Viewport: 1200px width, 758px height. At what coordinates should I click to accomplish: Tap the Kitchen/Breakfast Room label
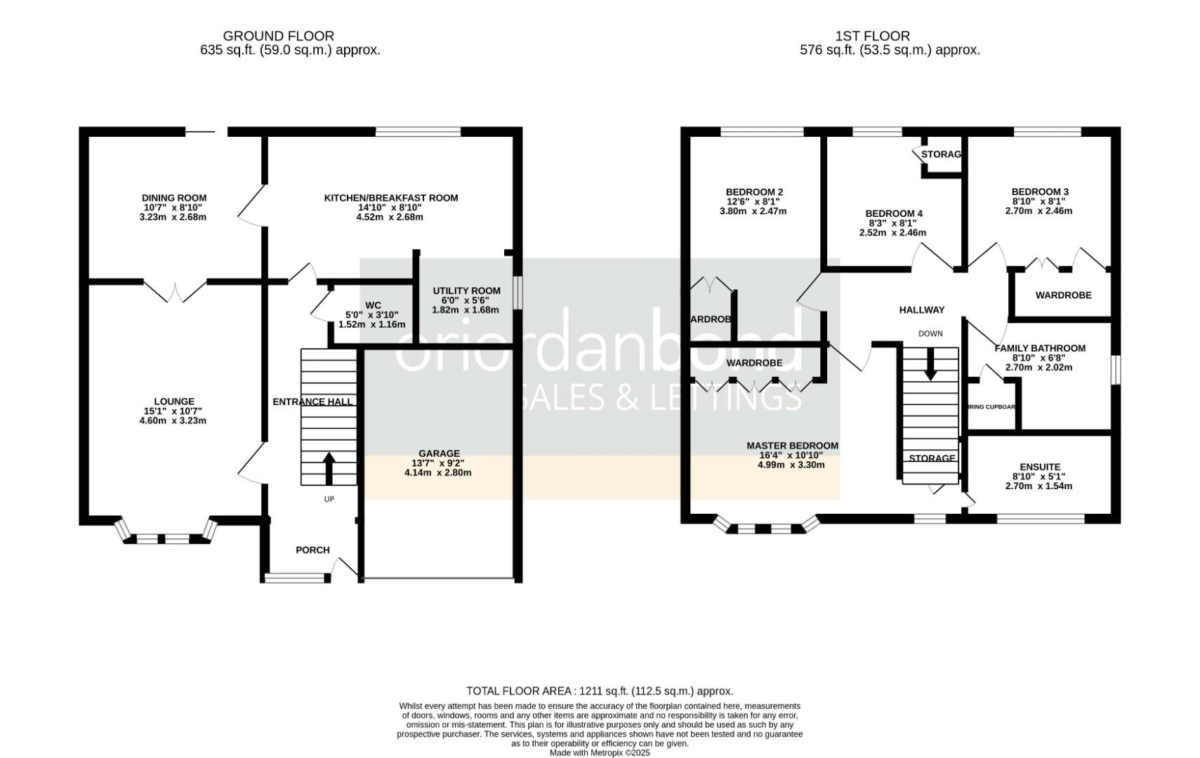(x=390, y=198)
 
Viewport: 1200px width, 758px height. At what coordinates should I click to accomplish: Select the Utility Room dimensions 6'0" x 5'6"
(x=466, y=300)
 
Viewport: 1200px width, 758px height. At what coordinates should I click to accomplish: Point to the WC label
(x=373, y=305)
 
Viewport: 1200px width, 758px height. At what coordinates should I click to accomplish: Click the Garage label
(x=439, y=453)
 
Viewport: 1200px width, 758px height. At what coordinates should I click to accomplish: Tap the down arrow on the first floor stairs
(x=930, y=366)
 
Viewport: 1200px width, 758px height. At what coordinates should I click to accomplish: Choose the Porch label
(x=312, y=550)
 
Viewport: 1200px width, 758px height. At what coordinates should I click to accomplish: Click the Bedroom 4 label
(x=893, y=213)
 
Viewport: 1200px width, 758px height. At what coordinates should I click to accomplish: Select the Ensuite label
(x=1039, y=467)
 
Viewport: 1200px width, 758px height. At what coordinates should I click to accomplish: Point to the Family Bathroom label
(x=1039, y=348)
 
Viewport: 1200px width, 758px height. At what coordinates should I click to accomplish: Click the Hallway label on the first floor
(x=922, y=310)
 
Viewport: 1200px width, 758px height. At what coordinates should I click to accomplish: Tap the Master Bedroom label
(x=792, y=446)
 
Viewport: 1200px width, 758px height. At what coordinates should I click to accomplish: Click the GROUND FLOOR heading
(x=278, y=36)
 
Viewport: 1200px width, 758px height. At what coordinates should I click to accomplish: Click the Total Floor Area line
(x=599, y=691)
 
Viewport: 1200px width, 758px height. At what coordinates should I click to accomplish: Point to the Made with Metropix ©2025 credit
(x=600, y=752)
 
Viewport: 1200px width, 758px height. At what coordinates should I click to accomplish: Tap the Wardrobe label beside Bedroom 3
(x=1063, y=295)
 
